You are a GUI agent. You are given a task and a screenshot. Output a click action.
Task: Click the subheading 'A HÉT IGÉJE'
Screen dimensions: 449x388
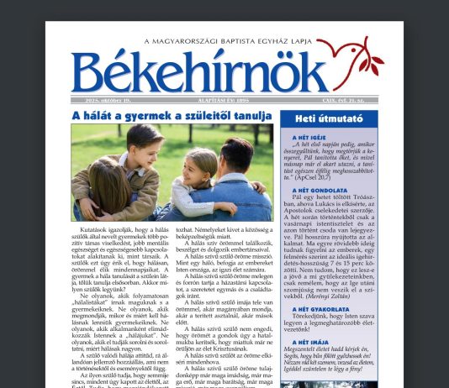(x=309, y=136)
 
